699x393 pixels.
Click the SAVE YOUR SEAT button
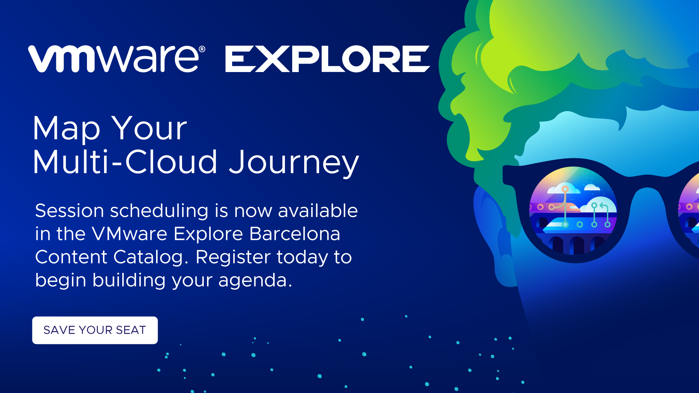click(x=95, y=330)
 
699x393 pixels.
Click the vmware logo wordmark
click(x=114, y=59)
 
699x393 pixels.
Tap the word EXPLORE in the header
click(x=327, y=59)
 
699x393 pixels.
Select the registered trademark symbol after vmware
click(x=202, y=49)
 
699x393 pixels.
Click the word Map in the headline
click(x=67, y=129)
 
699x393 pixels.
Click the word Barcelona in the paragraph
click(x=295, y=234)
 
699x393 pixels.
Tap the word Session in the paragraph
click(x=69, y=211)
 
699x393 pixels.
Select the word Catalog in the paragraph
click(x=148, y=258)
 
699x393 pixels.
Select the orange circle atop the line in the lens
click(x=565, y=189)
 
